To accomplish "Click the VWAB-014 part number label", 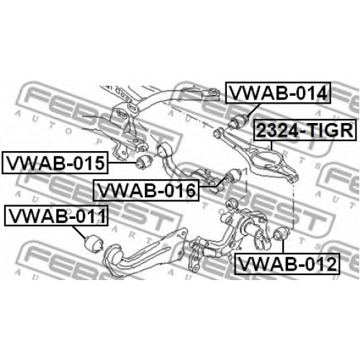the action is pyautogui.click(x=278, y=93).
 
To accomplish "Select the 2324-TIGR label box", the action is pyautogui.click(x=305, y=130).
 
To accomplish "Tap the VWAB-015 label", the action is pyautogui.click(x=55, y=163).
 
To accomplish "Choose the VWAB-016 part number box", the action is pyautogui.click(x=146, y=190).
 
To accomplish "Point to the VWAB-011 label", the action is pyautogui.click(x=56, y=215).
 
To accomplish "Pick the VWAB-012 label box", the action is pyautogui.click(x=287, y=264).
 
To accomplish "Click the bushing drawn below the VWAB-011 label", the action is pyautogui.click(x=94, y=243).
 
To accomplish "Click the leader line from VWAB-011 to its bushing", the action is pyautogui.click(x=79, y=232).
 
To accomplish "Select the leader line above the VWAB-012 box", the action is pyautogui.click(x=283, y=246).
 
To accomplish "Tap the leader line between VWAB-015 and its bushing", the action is pyautogui.click(x=122, y=163).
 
